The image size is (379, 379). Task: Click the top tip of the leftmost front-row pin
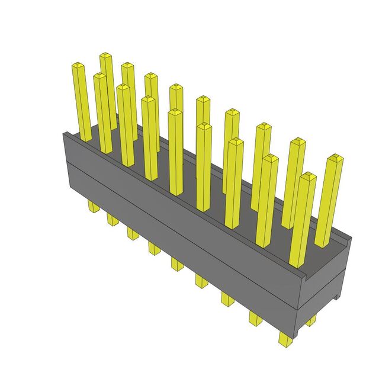[x=78, y=64]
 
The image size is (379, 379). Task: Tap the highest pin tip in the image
[x=105, y=56]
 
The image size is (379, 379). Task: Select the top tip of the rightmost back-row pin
[x=335, y=158]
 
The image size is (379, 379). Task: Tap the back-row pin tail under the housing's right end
[x=311, y=320]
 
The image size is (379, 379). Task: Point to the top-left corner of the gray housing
[x=64, y=134]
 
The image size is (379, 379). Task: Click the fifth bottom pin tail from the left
[x=177, y=262]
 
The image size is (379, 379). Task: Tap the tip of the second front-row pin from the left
[x=100, y=76]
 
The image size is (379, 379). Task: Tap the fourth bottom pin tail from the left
[x=154, y=247]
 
